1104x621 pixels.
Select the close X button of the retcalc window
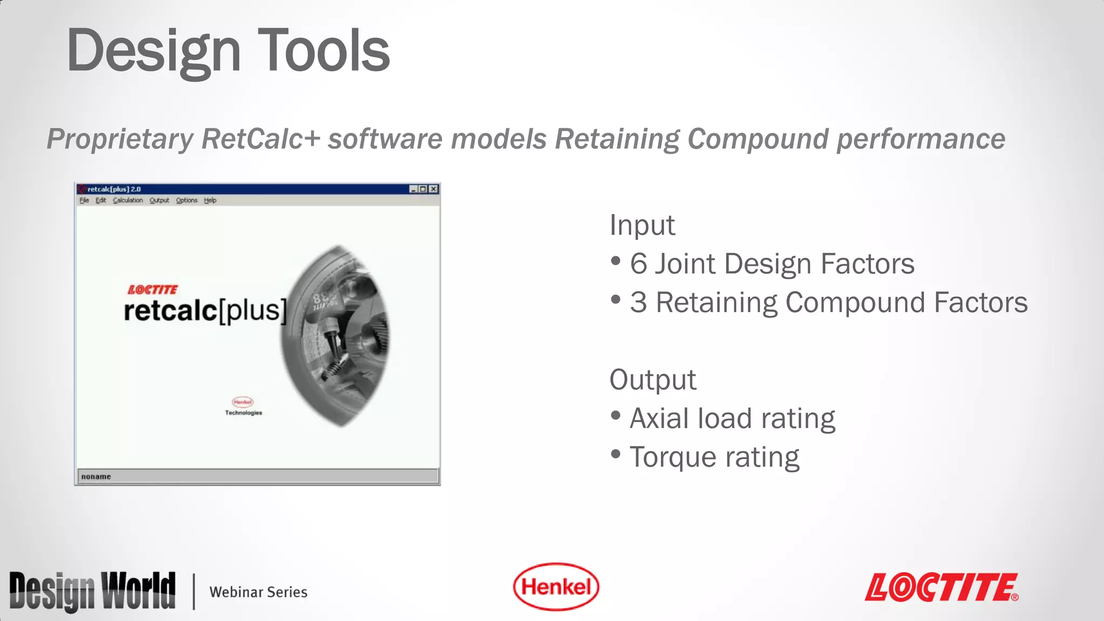[x=433, y=189]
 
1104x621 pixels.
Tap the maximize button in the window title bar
[x=423, y=189]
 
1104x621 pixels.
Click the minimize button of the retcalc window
[x=413, y=189]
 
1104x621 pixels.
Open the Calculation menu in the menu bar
[x=128, y=201]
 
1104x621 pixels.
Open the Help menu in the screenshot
[x=210, y=201]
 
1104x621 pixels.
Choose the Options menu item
[x=187, y=201]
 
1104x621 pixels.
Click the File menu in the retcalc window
[x=84, y=201]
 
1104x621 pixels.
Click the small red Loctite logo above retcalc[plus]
[x=153, y=290]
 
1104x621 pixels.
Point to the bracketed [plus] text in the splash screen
[x=252, y=310]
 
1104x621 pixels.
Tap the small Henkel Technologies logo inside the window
[x=243, y=406]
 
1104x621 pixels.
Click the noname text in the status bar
[x=96, y=477]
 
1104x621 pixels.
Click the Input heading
[x=642, y=225]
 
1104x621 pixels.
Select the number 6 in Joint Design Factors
[x=638, y=264]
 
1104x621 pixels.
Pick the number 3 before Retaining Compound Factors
[x=638, y=303]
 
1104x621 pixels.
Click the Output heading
[x=653, y=380]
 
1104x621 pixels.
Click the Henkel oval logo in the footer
[x=556, y=586]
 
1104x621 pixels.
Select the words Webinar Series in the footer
[x=258, y=592]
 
